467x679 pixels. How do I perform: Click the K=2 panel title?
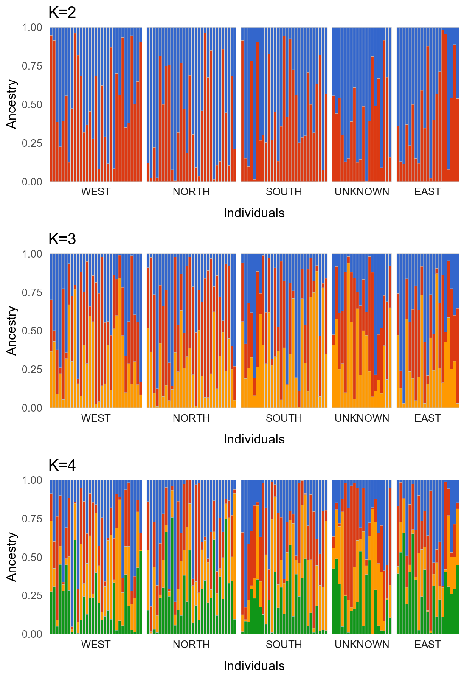[62, 13]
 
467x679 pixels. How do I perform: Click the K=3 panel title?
[62, 239]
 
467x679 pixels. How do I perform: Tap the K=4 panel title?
[62, 466]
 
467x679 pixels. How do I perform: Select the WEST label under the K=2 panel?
[96, 192]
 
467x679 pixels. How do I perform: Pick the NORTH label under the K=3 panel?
[191, 418]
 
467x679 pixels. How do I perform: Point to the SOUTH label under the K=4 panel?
[284, 645]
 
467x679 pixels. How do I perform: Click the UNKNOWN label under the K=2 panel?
[362, 192]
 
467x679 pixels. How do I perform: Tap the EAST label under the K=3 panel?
[428, 418]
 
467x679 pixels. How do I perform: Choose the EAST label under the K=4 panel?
[428, 645]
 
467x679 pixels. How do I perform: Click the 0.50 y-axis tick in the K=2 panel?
[32, 104]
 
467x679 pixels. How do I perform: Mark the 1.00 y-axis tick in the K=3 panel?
[32, 254]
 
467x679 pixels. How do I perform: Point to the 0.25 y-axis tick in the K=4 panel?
[32, 595]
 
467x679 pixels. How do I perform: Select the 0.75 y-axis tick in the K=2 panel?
[32, 66]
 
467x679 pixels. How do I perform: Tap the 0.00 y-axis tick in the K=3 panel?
[32, 408]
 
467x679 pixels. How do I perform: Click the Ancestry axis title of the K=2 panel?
[12, 104]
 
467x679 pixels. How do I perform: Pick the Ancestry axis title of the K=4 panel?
[12, 557]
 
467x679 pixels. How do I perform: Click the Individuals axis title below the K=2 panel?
[254, 213]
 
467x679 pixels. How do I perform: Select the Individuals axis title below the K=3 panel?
[254, 439]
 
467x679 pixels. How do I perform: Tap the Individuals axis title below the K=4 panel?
[254, 666]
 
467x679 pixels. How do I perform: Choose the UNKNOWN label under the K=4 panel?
[362, 645]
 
